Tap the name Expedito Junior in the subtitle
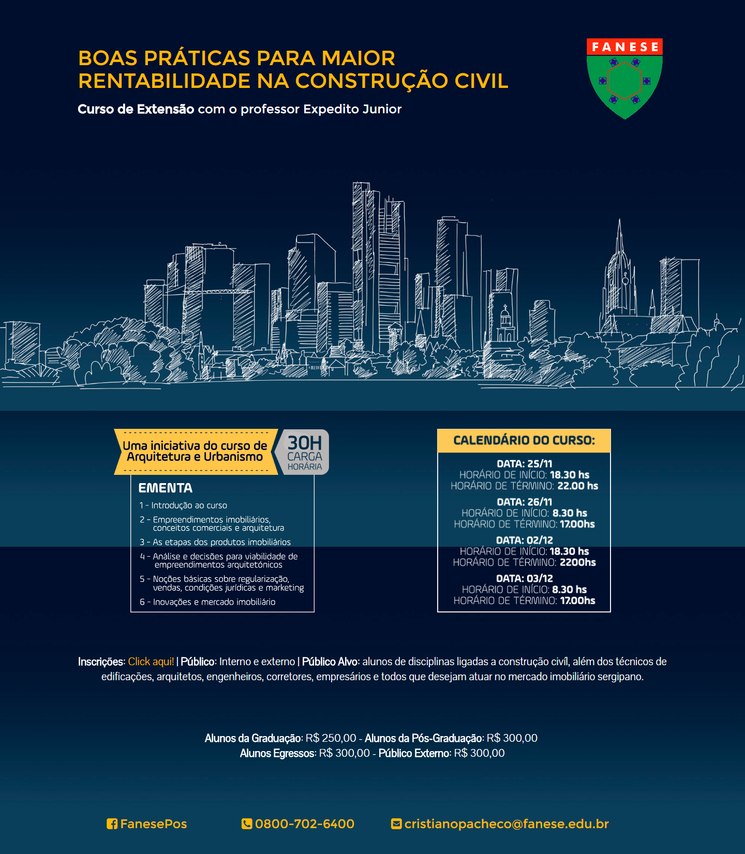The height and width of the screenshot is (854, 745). click(x=352, y=109)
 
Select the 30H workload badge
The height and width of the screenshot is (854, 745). click(x=305, y=452)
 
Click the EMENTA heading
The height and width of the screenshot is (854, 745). click(x=166, y=488)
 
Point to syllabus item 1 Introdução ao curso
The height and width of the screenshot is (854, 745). click(x=184, y=505)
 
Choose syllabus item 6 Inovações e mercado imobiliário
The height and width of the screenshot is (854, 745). click(x=208, y=602)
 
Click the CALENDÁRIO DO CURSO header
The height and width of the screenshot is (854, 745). click(x=524, y=441)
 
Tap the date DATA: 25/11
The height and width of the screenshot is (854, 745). click(x=524, y=463)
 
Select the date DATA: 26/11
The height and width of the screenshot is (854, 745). click(x=524, y=502)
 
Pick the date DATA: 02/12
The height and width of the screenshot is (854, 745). click(x=524, y=540)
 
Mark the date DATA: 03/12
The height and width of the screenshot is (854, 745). click(x=524, y=578)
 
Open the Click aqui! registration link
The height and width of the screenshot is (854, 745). click(x=151, y=662)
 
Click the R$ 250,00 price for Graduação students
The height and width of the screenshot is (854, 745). click(x=331, y=738)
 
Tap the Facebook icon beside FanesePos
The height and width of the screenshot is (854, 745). click(x=112, y=824)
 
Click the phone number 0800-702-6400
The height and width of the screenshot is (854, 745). click(x=304, y=824)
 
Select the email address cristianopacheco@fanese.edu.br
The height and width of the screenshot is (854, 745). click(x=506, y=824)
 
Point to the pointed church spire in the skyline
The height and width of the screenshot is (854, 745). click(x=619, y=243)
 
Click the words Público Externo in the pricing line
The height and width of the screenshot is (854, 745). click(x=414, y=753)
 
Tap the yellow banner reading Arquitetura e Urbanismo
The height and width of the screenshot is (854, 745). click(x=195, y=452)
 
